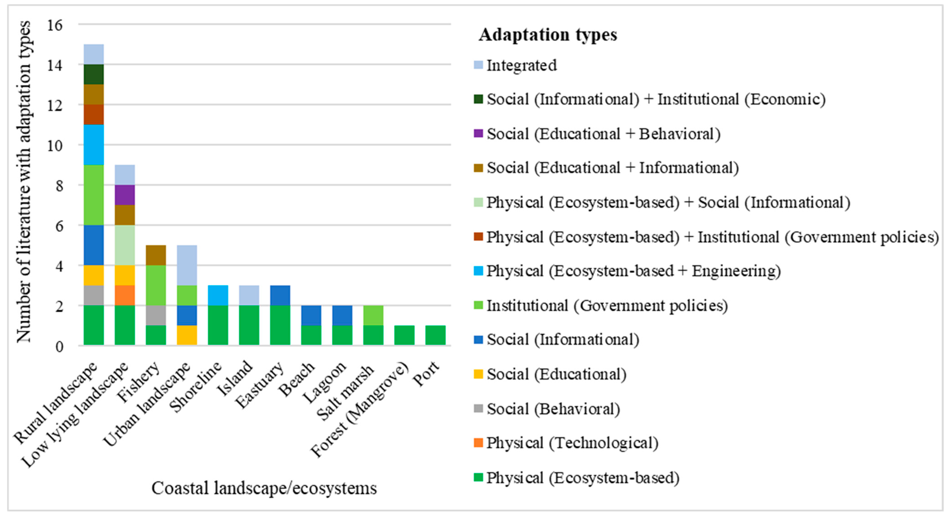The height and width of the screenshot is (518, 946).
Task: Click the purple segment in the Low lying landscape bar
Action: (x=125, y=195)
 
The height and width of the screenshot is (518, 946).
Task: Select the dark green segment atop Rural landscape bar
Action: (x=94, y=74)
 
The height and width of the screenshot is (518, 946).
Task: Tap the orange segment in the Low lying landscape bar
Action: (x=125, y=295)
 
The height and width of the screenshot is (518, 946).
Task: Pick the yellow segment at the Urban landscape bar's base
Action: (x=187, y=335)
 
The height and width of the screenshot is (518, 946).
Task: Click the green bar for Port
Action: (x=436, y=335)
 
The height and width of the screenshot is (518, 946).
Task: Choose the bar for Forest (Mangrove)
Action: (x=404, y=335)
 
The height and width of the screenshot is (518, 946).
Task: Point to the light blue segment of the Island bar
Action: (x=249, y=295)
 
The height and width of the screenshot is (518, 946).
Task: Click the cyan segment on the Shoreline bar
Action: (x=218, y=295)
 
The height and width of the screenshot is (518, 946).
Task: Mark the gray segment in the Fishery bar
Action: (x=156, y=315)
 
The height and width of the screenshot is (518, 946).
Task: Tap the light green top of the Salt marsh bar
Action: (x=373, y=315)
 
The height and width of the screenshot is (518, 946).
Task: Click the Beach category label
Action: (x=297, y=378)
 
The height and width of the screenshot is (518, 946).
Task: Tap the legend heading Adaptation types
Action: (x=547, y=35)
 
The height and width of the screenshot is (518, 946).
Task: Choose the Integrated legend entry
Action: (x=521, y=65)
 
